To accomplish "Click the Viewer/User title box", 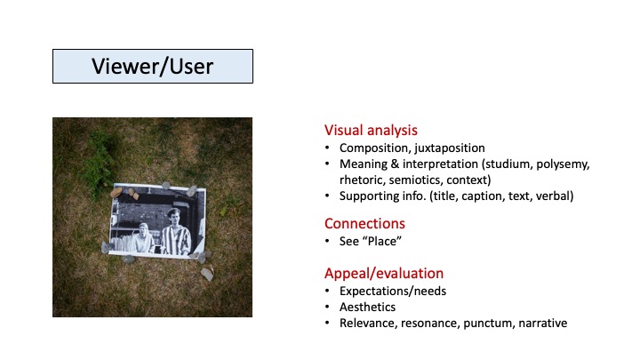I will pos(152,67).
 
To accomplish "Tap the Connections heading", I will pos(364,223).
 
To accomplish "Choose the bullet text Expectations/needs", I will pos(394,291).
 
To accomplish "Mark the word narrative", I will pos(543,323).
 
